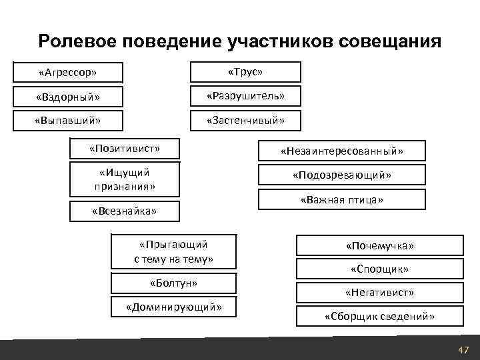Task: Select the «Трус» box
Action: click(246, 71)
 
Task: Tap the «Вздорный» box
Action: click(69, 97)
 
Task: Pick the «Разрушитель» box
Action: click(246, 96)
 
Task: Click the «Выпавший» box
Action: click(69, 121)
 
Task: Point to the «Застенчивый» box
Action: click(246, 121)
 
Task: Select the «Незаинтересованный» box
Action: click(342, 151)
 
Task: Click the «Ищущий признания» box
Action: click(125, 179)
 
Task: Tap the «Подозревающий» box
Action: click(342, 175)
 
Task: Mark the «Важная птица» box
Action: click(342, 199)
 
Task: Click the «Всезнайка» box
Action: click(125, 211)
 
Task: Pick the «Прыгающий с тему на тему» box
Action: click(173, 251)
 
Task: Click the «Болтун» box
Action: click(173, 283)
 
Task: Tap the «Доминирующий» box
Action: click(173, 307)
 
